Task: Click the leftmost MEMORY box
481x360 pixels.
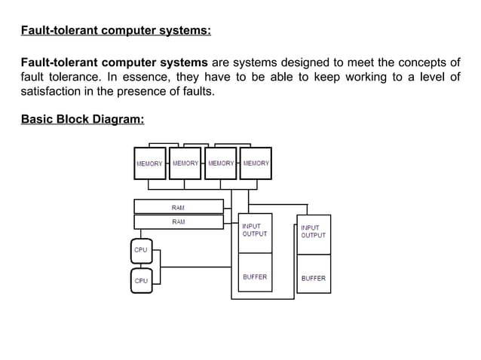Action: pos(149,163)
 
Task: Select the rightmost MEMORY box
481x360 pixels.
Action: pos(256,163)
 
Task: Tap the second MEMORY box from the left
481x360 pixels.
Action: pos(185,163)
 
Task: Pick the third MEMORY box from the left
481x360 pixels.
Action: pos(220,163)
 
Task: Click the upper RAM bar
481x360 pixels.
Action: pos(179,206)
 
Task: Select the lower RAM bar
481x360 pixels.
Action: pos(179,221)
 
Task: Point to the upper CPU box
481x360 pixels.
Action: pos(141,249)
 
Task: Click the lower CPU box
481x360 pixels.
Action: pos(141,280)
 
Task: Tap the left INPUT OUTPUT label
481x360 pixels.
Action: pos(254,230)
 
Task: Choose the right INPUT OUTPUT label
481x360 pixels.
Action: pos(314,231)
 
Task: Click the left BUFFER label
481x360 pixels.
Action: pos(254,277)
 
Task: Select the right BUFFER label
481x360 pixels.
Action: pos(314,278)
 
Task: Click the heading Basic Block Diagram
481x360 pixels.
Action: pos(82,120)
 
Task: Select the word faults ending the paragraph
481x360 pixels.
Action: pos(198,92)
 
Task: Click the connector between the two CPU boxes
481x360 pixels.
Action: pos(141,264)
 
